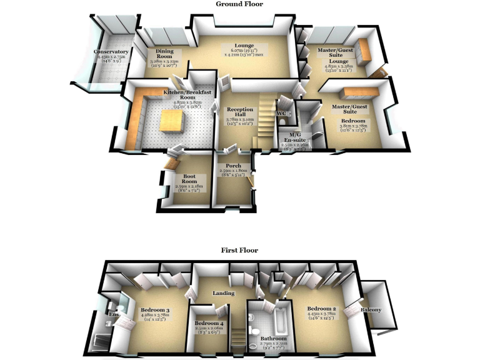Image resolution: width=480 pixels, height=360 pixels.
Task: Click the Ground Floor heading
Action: point(239,4)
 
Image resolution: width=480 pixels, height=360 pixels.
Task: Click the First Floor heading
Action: point(239,250)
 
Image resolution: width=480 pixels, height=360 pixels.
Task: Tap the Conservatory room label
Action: point(111,52)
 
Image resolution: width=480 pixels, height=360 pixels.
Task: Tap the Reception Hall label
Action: point(240,112)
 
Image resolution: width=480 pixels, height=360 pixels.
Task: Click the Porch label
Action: point(234,166)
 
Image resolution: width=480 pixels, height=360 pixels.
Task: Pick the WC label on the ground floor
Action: point(281,113)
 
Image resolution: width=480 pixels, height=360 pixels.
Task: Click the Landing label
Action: point(224,293)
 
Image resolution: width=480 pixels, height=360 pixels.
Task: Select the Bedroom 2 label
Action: point(322,309)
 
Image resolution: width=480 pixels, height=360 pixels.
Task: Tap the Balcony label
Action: point(372,309)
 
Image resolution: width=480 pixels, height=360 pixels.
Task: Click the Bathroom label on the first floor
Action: point(273,339)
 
